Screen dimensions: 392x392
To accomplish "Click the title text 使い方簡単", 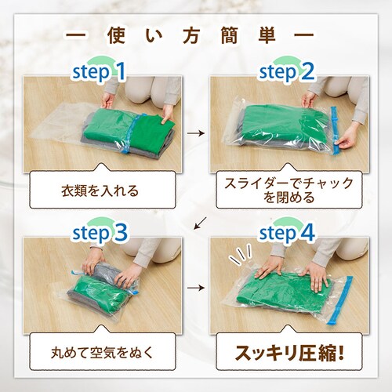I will (x=196, y=36).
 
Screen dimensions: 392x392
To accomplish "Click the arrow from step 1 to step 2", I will (x=196, y=134).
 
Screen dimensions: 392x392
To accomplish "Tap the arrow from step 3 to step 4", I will (x=196, y=289).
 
